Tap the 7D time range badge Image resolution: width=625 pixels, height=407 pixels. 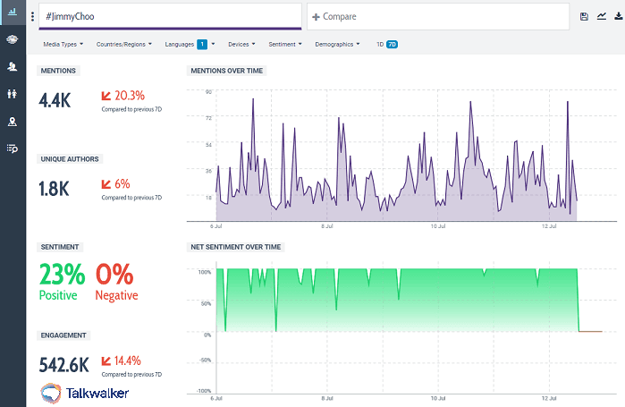[392, 44]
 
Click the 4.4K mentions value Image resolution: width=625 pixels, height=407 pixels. [55, 100]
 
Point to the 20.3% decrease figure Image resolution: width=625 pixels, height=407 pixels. [129, 95]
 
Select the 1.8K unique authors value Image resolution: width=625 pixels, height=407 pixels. [54, 189]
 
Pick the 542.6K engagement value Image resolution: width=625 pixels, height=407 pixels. [63, 364]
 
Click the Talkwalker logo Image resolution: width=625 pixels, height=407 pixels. [84, 393]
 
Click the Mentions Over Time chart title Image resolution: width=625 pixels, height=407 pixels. [226, 71]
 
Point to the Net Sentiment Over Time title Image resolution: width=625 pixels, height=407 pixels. [236, 246]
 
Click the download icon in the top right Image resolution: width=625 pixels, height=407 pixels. [618, 16]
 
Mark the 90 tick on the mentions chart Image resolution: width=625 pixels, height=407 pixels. [207, 91]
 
